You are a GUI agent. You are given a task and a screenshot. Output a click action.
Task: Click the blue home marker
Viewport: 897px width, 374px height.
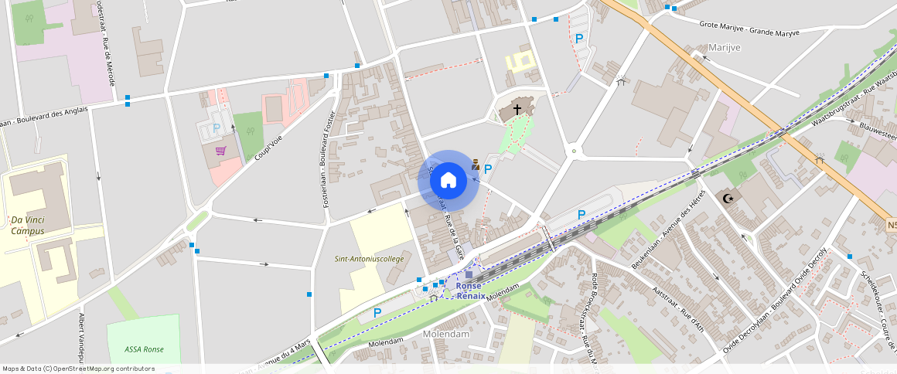(448, 181)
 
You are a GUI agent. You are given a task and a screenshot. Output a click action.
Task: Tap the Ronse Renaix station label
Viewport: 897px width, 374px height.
(471, 291)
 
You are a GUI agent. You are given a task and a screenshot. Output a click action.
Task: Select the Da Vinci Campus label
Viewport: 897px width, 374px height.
(28, 226)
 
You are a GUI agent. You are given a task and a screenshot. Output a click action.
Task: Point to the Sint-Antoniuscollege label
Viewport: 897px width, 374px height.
(369, 259)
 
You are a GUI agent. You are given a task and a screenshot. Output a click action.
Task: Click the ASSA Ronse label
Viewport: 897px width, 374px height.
(143, 349)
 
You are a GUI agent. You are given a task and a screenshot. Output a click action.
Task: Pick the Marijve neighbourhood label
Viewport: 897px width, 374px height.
(724, 48)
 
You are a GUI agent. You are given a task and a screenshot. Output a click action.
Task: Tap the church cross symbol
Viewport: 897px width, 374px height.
(517, 110)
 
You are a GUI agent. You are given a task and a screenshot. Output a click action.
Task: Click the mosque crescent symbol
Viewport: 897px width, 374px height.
(727, 199)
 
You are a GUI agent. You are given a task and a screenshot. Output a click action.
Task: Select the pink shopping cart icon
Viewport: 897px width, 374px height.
(220, 151)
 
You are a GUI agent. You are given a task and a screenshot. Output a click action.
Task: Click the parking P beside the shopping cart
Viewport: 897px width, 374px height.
(217, 128)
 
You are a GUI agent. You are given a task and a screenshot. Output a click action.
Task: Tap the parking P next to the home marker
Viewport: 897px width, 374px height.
(488, 168)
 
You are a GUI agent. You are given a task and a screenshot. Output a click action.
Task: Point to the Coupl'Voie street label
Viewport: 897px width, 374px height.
(268, 146)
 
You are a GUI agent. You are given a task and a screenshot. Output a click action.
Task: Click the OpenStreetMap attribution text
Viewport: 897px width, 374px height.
(79, 369)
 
